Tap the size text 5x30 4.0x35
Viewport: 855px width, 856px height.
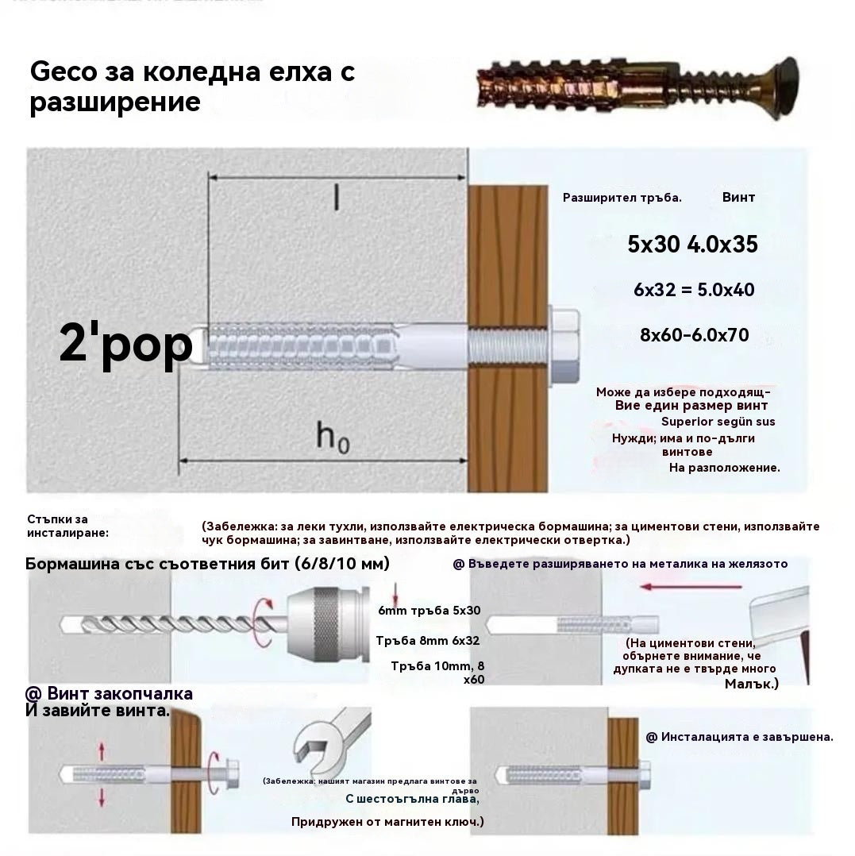pyautogui.click(x=692, y=245)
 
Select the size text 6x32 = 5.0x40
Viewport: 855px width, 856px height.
pyautogui.click(x=694, y=290)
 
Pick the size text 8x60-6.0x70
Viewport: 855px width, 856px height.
pyautogui.click(x=694, y=335)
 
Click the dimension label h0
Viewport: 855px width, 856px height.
pyautogui.click(x=333, y=436)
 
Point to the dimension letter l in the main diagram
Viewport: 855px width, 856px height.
pyautogui.click(x=336, y=199)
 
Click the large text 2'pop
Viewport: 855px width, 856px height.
pyautogui.click(x=125, y=345)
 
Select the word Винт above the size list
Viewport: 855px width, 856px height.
pyautogui.click(x=738, y=197)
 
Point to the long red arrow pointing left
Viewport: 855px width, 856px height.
pyautogui.click(x=691, y=588)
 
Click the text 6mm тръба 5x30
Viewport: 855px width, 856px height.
pyautogui.click(x=429, y=611)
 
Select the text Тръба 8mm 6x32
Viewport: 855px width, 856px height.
pyautogui.click(x=427, y=640)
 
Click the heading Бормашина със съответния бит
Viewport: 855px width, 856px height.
pyautogui.click(x=207, y=564)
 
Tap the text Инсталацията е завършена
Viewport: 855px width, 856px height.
pyautogui.click(x=739, y=737)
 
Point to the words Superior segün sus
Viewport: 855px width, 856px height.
pyautogui.click(x=718, y=422)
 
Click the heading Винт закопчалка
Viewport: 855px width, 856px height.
pyautogui.click(x=109, y=693)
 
